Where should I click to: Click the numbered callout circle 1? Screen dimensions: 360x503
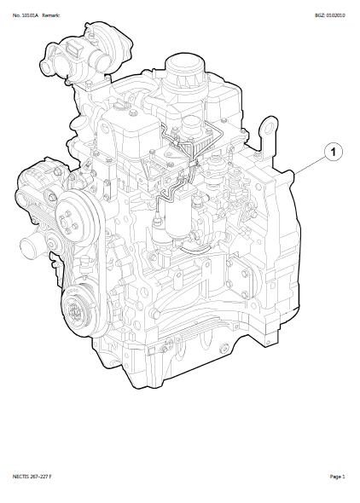[333, 152]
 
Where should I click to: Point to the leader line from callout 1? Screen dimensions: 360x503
[311, 165]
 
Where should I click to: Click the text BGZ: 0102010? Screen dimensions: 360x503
[330, 15]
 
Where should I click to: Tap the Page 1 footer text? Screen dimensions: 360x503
[337, 477]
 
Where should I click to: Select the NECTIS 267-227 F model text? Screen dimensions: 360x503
[32, 477]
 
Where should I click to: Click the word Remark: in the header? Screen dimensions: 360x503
[50, 15]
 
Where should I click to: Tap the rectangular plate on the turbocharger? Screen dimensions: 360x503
[73, 49]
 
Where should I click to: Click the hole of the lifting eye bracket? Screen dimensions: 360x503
[269, 128]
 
